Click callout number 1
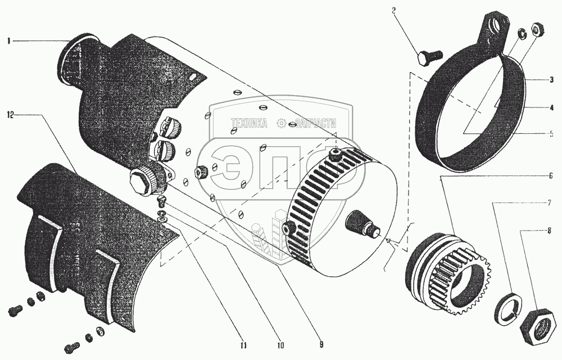[8, 40]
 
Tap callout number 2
[393, 10]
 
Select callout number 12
[10, 114]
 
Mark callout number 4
[552, 106]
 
